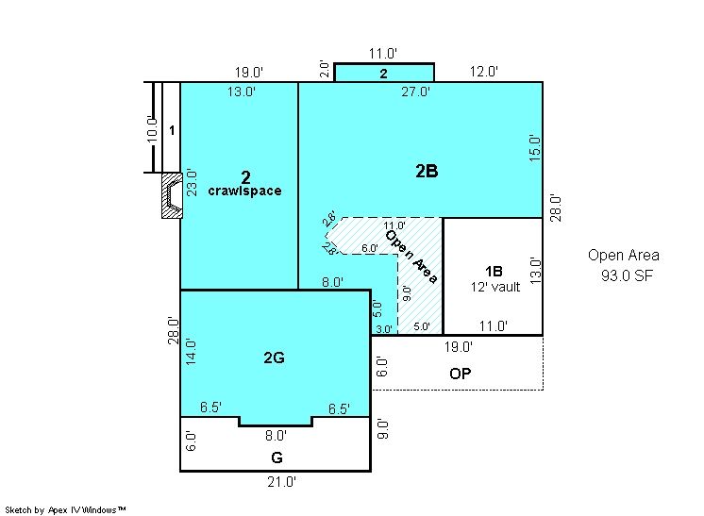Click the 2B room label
(x=427, y=171)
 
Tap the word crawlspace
(x=244, y=191)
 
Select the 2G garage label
(x=274, y=358)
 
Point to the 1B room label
(x=494, y=271)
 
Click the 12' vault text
(x=495, y=287)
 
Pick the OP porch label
(x=461, y=374)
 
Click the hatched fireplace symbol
(x=172, y=195)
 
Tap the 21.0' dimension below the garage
(x=281, y=482)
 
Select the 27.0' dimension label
(x=416, y=92)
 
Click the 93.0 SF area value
(x=627, y=275)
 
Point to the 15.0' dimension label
(x=534, y=148)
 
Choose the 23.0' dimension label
(x=192, y=182)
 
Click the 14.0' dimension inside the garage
(x=191, y=352)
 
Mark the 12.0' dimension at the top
(x=484, y=72)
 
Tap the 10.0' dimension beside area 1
(x=152, y=129)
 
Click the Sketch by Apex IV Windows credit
(x=65, y=510)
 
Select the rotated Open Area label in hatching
(x=411, y=257)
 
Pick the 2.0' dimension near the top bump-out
(x=325, y=70)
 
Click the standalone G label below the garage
(x=277, y=458)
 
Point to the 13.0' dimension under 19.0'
(x=242, y=92)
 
